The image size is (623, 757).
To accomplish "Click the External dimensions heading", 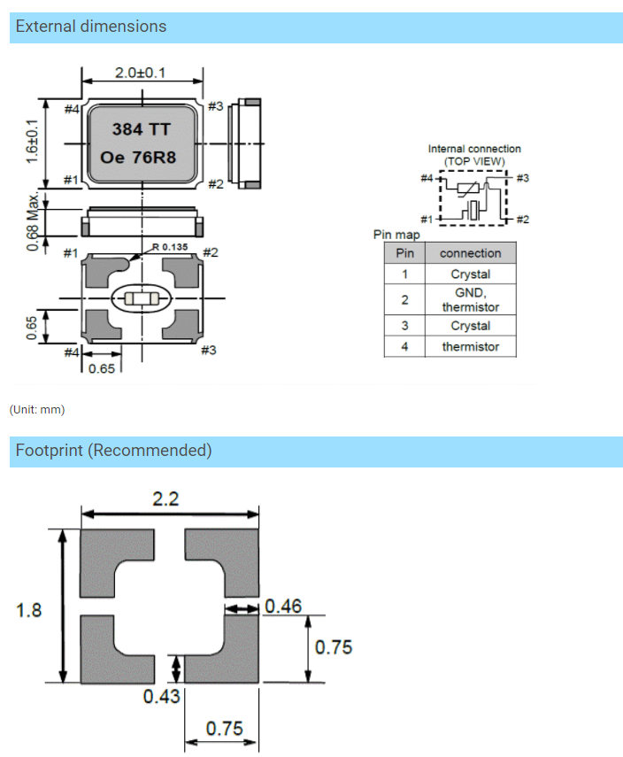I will tap(91, 27).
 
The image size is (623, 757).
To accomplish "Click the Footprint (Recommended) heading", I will tap(113, 451).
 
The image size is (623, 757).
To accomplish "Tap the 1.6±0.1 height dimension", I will tap(33, 141).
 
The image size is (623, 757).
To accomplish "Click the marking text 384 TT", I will tap(141, 129).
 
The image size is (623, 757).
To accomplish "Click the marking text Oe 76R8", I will tap(142, 159).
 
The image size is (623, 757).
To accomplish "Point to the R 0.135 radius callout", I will tap(171, 247).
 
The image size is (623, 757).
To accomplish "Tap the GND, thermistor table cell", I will tap(470, 300).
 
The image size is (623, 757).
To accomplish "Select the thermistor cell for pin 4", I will tap(470, 347).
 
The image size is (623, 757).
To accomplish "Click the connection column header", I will tap(470, 253).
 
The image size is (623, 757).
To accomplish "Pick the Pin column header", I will tap(404, 253).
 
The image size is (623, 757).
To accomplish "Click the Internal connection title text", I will tap(474, 149).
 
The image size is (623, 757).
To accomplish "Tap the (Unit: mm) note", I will tap(37, 410).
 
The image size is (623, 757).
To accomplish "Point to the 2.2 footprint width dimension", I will tap(165, 499).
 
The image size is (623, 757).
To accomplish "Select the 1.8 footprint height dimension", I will tap(29, 610).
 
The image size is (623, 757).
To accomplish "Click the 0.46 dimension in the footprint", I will tap(283, 606).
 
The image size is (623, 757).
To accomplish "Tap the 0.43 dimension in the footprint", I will tap(161, 696).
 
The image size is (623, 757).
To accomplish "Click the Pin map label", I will tap(397, 235).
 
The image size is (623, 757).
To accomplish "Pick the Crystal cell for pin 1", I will tap(470, 274).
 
